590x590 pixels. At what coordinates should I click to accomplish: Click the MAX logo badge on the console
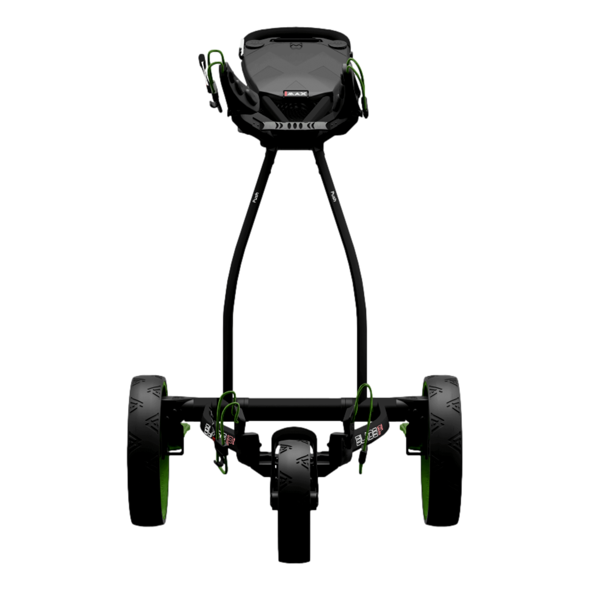point(296,94)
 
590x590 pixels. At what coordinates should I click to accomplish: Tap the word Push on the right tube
point(334,196)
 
